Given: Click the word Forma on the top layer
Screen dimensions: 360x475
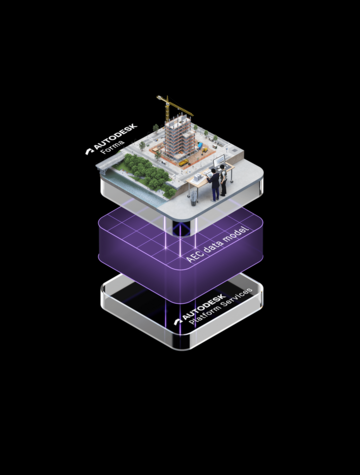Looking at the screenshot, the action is (x=113, y=147).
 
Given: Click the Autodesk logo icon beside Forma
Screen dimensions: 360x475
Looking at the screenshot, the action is (x=89, y=151).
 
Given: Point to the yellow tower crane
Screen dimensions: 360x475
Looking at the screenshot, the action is (x=174, y=107).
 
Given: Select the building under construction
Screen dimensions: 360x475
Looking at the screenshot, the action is (x=179, y=138).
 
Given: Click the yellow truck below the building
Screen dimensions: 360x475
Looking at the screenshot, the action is (x=184, y=163).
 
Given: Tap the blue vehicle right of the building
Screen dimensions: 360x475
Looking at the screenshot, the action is (x=201, y=146).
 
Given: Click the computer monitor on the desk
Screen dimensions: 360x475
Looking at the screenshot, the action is (x=219, y=162).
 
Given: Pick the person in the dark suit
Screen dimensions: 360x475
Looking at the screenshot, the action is (x=214, y=184).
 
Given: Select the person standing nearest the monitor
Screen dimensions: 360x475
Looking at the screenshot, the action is (x=223, y=180).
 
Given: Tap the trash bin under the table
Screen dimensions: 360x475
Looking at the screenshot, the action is (x=194, y=199).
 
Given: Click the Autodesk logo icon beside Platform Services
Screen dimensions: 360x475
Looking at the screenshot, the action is (x=179, y=321).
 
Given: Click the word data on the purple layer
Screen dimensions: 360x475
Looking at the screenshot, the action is (x=212, y=246).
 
